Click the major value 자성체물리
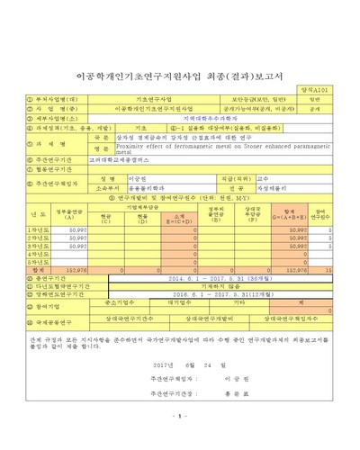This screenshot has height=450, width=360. [270, 188]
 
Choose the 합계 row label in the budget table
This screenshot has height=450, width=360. [36, 268]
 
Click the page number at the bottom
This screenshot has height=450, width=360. [179, 416]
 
